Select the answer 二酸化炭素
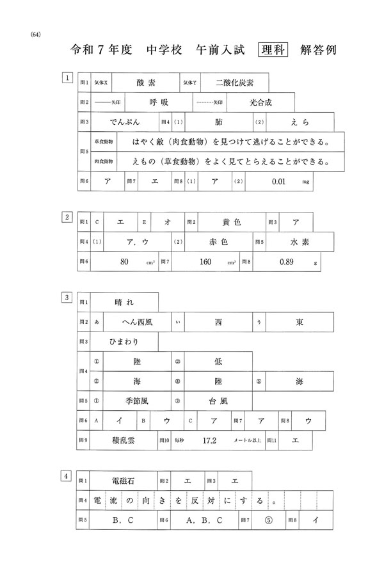click(x=235, y=83)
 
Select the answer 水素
click(x=300, y=242)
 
